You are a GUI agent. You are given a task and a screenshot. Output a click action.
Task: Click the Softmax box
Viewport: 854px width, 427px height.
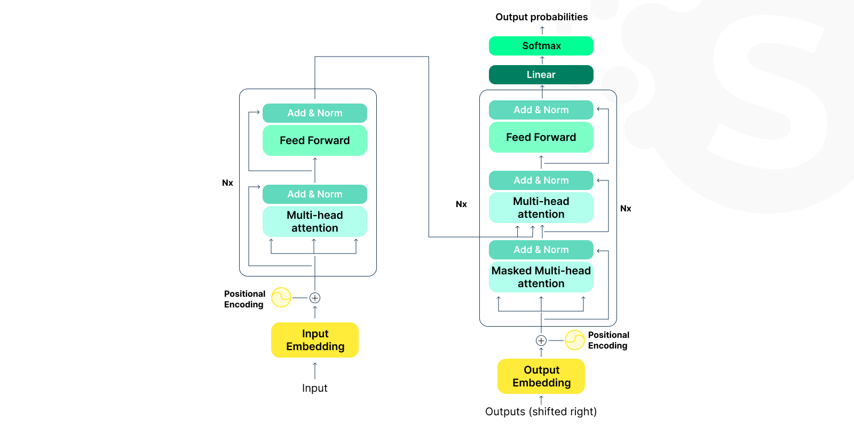541,46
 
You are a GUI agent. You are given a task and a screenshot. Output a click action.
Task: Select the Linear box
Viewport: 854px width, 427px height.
541,75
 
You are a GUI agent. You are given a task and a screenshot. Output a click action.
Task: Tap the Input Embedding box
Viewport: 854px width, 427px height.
315,340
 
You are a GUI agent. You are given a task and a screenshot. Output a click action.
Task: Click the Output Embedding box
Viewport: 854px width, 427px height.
541,376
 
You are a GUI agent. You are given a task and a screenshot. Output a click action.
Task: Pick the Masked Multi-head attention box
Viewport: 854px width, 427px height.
541,277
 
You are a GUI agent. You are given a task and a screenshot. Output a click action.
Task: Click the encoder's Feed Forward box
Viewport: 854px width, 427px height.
315,140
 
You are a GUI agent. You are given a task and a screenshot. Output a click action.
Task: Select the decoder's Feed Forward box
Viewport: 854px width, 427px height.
541,137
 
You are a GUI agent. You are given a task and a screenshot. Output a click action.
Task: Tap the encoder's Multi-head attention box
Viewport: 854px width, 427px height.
315,222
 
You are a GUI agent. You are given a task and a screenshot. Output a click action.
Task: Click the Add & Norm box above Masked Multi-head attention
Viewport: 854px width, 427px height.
541,250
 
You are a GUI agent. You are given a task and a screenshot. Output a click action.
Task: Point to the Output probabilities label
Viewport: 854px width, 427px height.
541,17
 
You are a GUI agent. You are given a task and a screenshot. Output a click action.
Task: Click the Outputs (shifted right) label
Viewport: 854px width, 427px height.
541,412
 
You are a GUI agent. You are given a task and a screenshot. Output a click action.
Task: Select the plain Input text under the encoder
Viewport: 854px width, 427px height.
315,388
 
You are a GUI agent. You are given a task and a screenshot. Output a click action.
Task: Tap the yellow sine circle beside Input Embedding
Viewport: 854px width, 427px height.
281,297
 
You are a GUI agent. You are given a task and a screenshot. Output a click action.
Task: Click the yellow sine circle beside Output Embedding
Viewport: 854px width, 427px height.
575,340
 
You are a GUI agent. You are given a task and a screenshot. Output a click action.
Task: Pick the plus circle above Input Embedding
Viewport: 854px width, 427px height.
315,298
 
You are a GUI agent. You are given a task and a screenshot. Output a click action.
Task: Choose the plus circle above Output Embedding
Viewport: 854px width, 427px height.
541,341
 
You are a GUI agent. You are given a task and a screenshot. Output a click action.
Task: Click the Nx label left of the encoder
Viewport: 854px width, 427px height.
227,183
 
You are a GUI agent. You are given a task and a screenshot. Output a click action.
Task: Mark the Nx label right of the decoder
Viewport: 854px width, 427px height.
626,209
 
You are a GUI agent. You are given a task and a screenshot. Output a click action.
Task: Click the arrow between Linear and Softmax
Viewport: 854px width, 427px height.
542,60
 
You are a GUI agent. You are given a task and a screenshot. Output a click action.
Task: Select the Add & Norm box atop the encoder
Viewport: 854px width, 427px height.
315,113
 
